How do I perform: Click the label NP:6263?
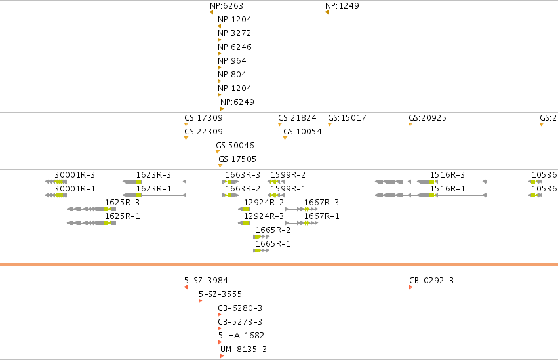click(226, 6)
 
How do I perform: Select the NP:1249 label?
click(342, 6)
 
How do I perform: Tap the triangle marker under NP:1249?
click(327, 13)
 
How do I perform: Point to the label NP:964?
click(232, 61)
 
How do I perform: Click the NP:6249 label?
click(237, 102)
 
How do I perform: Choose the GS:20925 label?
click(428, 118)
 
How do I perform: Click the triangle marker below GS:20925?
click(410, 124)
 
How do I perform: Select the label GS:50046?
click(235, 146)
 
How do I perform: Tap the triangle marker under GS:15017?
click(330, 124)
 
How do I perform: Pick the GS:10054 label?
click(302, 132)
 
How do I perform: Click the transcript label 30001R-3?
click(75, 175)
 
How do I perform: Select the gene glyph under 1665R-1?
click(261, 250)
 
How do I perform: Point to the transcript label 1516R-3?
click(447, 175)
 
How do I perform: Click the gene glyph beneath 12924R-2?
click(244, 209)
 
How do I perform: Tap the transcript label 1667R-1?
click(322, 216)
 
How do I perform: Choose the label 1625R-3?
click(122, 203)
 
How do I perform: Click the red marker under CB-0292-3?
click(410, 287)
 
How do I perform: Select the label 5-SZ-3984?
click(206, 280)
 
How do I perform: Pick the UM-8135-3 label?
click(243, 350)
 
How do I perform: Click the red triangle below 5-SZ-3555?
click(201, 301)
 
